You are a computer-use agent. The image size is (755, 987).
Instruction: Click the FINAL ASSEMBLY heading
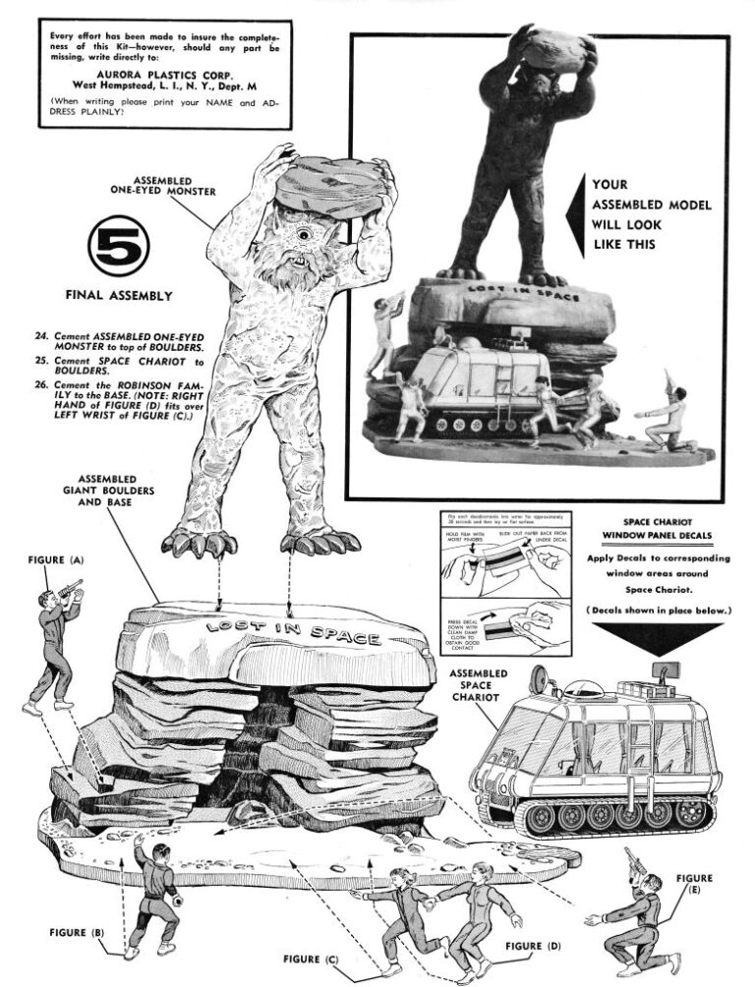119,293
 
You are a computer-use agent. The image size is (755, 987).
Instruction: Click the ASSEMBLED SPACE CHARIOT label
477,685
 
